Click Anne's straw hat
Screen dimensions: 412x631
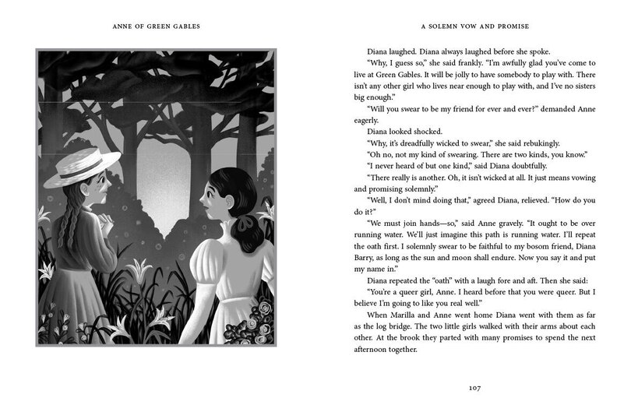82,169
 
